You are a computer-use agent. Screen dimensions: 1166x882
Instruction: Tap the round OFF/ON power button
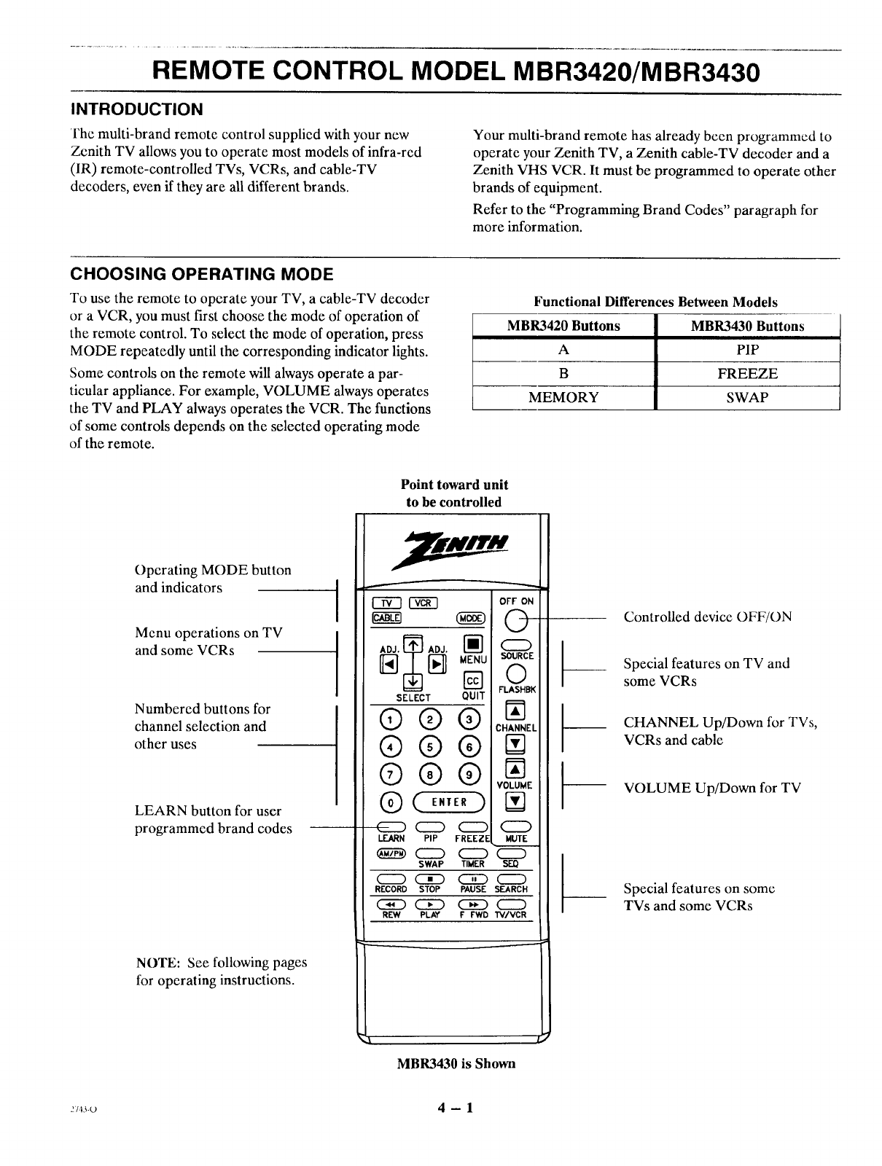coord(516,621)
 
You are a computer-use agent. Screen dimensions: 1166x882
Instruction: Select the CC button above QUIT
coord(472,681)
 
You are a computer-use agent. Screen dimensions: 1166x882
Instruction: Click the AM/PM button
coord(388,854)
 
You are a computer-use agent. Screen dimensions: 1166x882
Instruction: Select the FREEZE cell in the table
coord(748,374)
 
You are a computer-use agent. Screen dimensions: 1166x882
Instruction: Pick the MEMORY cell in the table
coord(563,397)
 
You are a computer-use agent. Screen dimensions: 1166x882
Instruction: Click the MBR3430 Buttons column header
coord(748,326)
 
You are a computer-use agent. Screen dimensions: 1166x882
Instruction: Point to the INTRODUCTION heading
coord(136,109)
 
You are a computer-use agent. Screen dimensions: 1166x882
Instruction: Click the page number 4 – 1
coord(456,1108)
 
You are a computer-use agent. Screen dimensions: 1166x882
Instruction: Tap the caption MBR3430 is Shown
coord(456,1063)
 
